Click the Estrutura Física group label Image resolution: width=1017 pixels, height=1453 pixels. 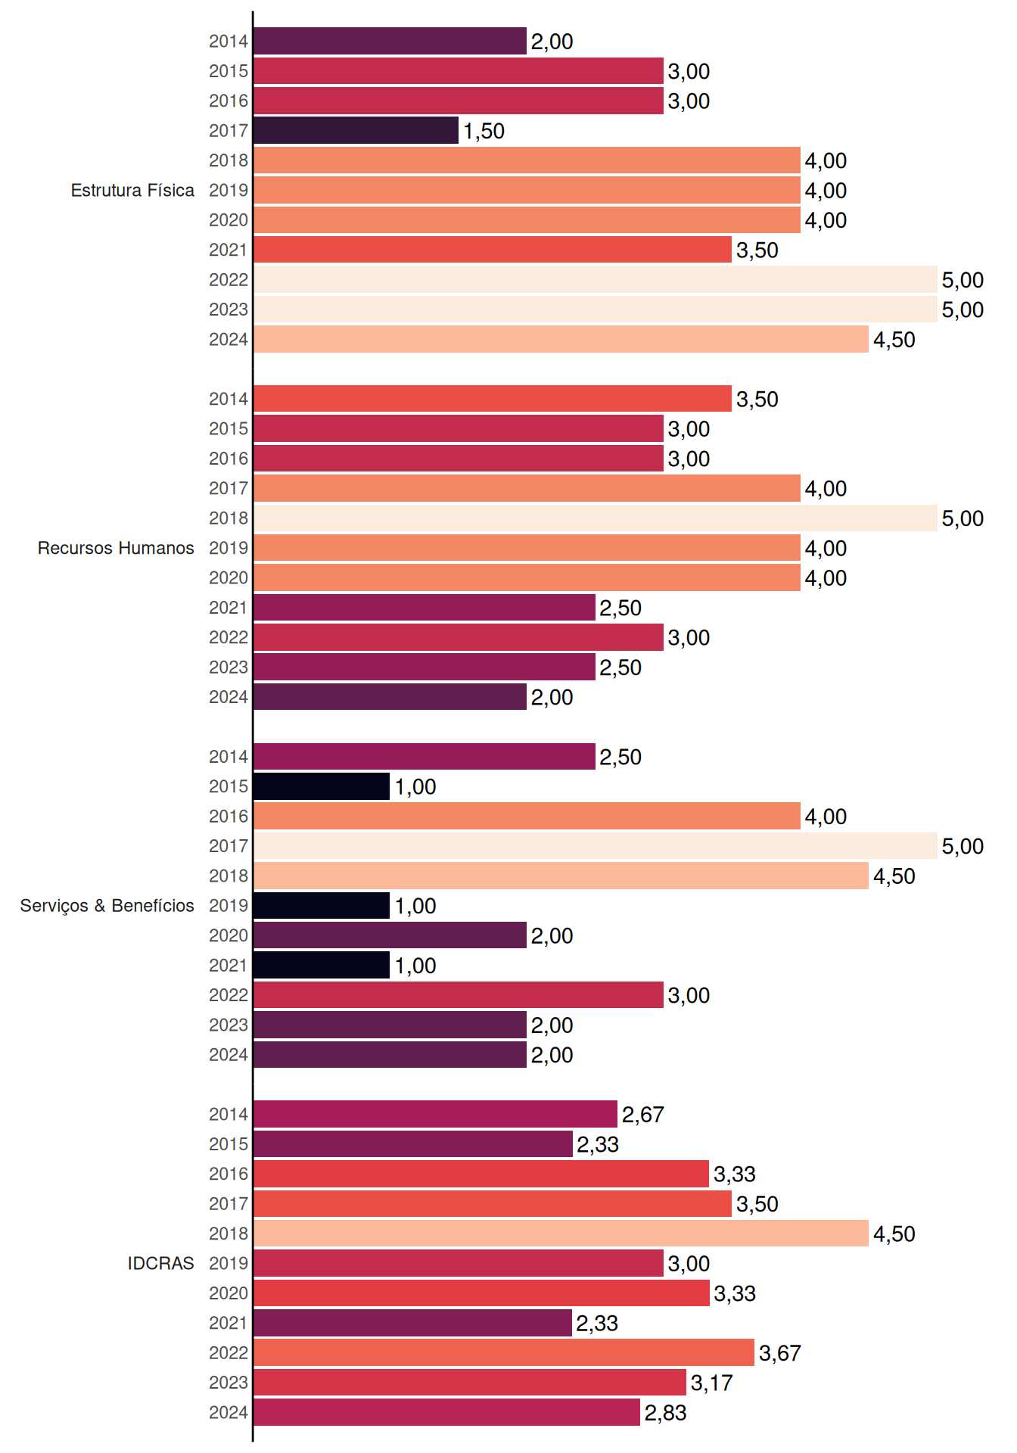click(132, 190)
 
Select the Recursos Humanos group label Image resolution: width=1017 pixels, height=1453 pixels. click(116, 548)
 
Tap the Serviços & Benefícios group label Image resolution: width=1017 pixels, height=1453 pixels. click(107, 905)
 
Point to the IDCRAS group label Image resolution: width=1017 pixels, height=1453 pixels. click(160, 1263)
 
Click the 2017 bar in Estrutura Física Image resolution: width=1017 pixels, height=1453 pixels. click(356, 130)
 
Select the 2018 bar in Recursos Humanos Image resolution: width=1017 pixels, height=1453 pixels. click(595, 518)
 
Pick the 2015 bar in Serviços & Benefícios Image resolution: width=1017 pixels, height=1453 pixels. click(322, 786)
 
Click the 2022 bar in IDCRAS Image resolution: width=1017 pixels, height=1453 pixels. click(504, 1352)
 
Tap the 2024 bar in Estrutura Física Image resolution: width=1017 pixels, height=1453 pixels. click(561, 339)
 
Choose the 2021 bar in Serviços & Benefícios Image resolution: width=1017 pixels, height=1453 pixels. click(322, 965)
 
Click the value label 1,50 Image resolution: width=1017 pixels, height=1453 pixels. click(484, 131)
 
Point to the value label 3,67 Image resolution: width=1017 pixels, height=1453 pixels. click(779, 1353)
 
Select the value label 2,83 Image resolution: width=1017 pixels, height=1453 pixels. click(665, 1413)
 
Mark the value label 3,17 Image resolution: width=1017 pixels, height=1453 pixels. click(711, 1383)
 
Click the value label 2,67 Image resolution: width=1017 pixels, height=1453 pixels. click(642, 1115)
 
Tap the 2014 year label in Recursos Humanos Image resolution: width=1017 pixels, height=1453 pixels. click(229, 399)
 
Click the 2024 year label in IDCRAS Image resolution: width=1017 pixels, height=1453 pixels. click(229, 1412)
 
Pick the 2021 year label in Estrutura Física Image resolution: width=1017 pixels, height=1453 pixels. click(229, 250)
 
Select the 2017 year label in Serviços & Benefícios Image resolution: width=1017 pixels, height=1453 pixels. click(229, 846)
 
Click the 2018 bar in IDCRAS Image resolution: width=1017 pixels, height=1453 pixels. click(561, 1233)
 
